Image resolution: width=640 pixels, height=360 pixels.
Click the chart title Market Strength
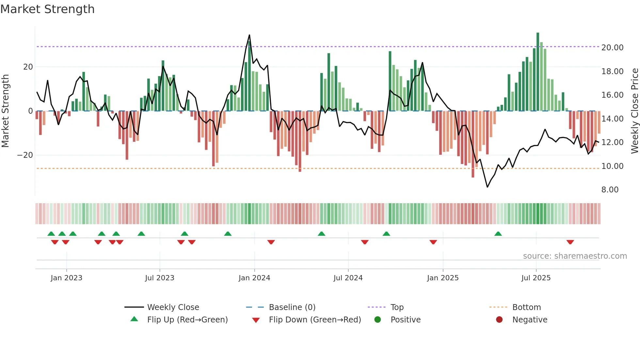(x=47, y=9)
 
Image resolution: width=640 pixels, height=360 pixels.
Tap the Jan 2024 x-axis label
(x=254, y=278)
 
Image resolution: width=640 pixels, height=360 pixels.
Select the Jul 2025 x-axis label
(x=536, y=278)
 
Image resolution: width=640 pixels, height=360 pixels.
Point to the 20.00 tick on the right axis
(x=612, y=48)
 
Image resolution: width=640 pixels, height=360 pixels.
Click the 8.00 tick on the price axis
(x=610, y=190)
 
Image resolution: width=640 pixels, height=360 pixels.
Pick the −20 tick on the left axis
(x=25, y=155)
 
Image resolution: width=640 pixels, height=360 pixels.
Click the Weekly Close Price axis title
(x=634, y=111)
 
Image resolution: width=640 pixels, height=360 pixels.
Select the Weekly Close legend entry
(x=173, y=307)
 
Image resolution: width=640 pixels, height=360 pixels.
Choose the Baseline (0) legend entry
(x=292, y=307)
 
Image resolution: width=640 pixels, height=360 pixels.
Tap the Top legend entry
(x=397, y=307)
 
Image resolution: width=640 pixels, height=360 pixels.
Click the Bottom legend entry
(x=526, y=307)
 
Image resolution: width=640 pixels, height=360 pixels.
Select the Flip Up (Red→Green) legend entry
(x=187, y=320)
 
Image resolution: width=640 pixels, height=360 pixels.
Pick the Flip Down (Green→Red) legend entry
(x=315, y=320)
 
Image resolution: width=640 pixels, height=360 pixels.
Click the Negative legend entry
(x=530, y=320)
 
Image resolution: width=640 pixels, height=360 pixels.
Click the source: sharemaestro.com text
(x=575, y=256)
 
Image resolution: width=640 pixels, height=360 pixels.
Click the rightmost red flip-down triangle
(x=570, y=242)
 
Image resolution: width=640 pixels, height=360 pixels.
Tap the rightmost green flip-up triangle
(x=498, y=234)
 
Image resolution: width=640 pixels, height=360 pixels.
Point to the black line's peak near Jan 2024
(x=249, y=35)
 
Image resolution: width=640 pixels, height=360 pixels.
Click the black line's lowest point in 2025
(x=487, y=187)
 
